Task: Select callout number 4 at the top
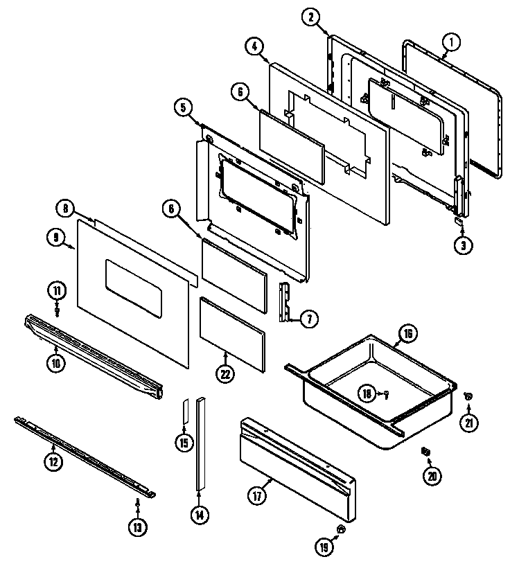pos(254,46)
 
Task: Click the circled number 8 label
pos(64,207)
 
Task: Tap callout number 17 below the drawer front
pos(257,495)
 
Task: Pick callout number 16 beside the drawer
pos(408,334)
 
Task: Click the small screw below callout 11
pos(58,311)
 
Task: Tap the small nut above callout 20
pos(425,452)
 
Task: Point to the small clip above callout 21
pos(467,396)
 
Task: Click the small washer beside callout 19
pos(340,529)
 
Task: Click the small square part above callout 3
pos(458,221)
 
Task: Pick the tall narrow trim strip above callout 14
pos(200,443)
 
